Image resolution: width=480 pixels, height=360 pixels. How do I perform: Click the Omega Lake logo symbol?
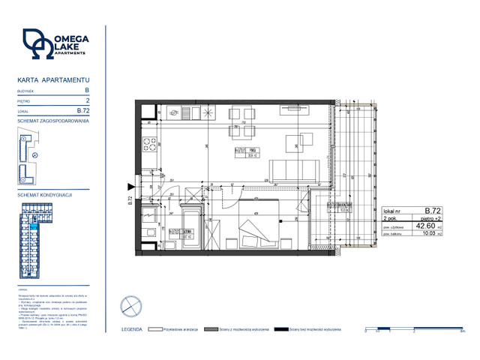(x=38, y=44)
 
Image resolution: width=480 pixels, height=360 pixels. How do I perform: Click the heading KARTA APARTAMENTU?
(x=53, y=79)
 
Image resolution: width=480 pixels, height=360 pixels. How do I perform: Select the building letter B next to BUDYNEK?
(x=87, y=90)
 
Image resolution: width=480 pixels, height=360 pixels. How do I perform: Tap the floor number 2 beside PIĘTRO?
(x=88, y=100)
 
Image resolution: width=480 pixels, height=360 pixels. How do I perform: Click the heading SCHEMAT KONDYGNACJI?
(x=43, y=194)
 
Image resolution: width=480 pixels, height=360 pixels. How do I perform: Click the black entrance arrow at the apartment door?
(x=132, y=187)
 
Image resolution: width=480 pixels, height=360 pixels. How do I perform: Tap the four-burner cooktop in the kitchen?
(x=150, y=145)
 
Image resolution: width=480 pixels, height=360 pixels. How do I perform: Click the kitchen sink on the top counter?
(x=175, y=113)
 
